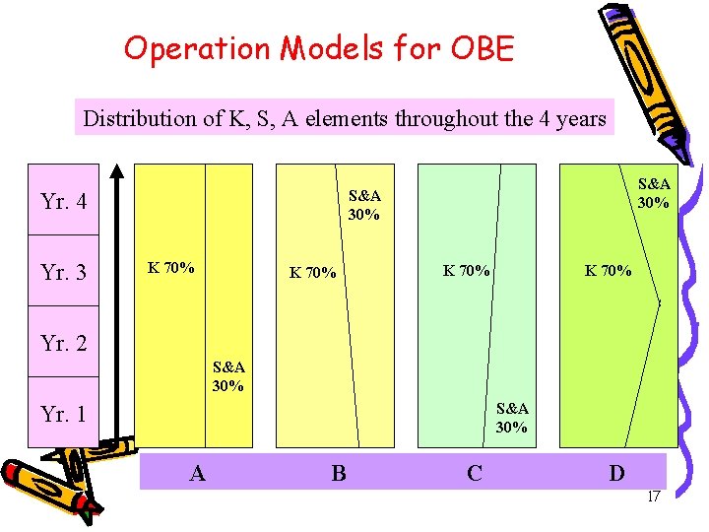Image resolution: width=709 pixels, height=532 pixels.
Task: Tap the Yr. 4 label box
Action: (64, 202)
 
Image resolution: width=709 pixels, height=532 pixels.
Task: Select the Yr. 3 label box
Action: (64, 271)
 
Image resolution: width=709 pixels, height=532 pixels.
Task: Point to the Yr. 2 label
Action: (64, 343)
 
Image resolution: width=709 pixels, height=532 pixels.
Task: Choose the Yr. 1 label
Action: (64, 414)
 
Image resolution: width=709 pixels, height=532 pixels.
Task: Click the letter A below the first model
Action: (198, 473)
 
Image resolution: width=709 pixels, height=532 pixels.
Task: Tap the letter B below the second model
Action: (339, 473)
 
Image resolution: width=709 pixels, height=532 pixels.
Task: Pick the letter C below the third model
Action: (475, 473)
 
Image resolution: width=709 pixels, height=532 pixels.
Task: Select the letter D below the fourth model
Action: (616, 473)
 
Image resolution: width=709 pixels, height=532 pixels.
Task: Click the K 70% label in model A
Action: (170, 267)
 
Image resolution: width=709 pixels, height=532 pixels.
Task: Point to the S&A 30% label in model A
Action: (228, 376)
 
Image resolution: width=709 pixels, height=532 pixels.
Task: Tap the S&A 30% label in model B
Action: (364, 205)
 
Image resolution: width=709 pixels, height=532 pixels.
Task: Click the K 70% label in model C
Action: (467, 270)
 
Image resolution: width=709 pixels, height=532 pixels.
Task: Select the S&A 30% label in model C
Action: (512, 418)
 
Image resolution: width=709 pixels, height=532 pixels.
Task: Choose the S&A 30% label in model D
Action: (654, 193)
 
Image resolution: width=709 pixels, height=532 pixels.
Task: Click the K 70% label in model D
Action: (609, 270)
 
